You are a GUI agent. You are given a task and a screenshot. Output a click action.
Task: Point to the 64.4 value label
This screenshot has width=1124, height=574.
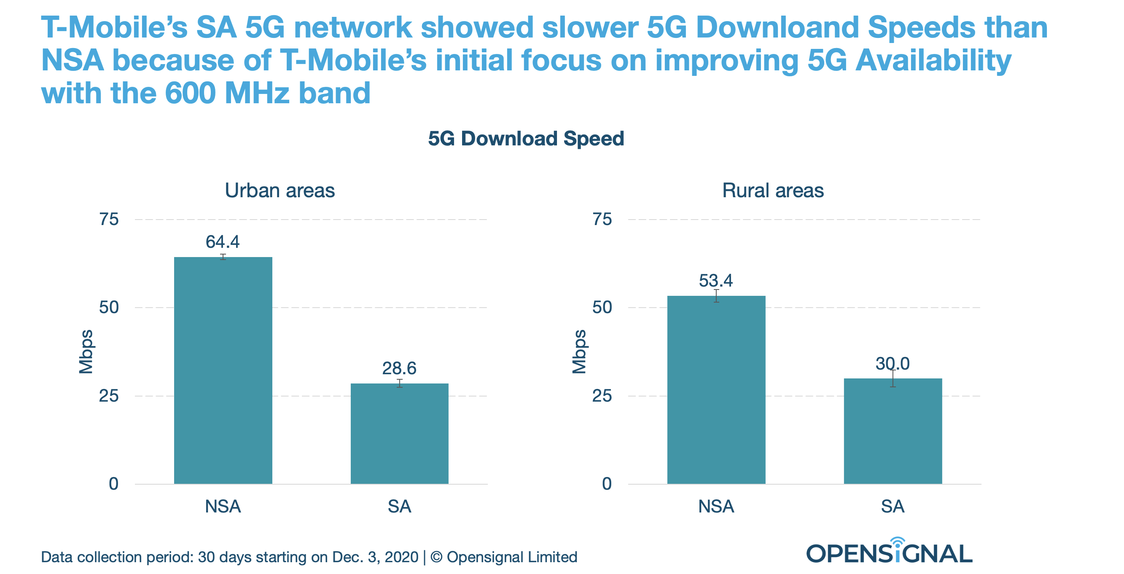click(223, 241)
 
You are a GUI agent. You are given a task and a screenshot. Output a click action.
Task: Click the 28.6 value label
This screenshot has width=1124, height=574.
click(399, 368)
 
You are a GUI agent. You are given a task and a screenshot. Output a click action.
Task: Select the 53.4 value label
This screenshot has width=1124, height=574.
click(715, 280)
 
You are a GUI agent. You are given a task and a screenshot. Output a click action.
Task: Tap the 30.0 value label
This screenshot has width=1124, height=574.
click(892, 363)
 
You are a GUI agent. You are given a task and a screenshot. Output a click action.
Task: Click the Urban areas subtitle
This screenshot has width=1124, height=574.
click(280, 190)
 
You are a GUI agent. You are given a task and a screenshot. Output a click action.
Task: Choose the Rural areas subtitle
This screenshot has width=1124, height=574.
click(773, 190)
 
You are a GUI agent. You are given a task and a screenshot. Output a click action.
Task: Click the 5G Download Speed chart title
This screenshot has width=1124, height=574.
click(526, 139)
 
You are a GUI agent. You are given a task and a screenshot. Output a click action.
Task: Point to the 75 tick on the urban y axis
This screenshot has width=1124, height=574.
click(109, 219)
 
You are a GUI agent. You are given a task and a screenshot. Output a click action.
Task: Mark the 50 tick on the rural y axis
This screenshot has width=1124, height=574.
click(602, 308)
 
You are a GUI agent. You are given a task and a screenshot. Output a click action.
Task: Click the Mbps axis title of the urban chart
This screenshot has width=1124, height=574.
click(86, 351)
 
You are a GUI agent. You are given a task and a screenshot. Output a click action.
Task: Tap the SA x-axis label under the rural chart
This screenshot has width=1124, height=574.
click(893, 507)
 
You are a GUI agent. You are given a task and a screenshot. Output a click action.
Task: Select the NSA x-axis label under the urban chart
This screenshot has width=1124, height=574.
click(223, 507)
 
